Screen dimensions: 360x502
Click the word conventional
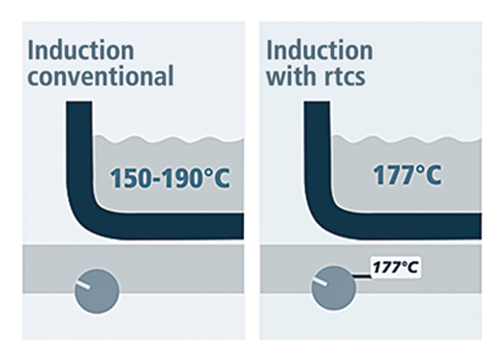click(x=100, y=76)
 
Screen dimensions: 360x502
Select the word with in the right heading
click(x=290, y=76)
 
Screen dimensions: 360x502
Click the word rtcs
click(x=346, y=78)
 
